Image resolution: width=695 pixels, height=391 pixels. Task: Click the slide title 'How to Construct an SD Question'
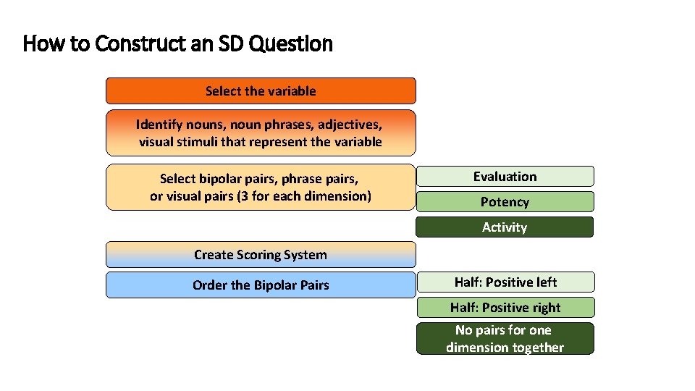click(178, 44)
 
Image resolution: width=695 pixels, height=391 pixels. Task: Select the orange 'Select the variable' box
click(261, 91)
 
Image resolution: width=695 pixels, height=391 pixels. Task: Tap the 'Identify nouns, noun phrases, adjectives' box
click(261, 133)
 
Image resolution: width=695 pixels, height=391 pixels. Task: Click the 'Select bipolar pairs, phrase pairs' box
click(261, 187)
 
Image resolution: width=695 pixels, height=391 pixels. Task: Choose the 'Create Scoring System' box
click(261, 255)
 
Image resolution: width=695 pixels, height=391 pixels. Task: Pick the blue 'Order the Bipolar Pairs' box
click(261, 285)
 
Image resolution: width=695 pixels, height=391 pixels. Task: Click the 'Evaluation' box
click(505, 177)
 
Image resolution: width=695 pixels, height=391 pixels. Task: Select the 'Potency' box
click(505, 202)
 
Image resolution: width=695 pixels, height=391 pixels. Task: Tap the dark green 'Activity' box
click(505, 227)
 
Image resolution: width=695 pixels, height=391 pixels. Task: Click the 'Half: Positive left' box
click(505, 282)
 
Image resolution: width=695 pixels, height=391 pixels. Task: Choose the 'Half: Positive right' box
click(505, 308)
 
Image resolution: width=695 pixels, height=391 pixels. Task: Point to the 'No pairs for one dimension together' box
click(505, 339)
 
